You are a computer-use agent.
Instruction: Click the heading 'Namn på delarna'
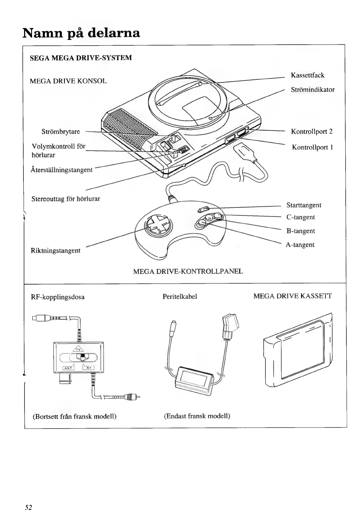(x=81, y=33)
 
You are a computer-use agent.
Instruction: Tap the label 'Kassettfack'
(x=307, y=75)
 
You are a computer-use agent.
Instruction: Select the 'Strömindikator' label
(x=313, y=90)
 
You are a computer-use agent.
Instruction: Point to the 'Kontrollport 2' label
(x=311, y=131)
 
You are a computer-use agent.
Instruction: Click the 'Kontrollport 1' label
(x=312, y=147)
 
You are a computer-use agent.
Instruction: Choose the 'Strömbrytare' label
(x=61, y=132)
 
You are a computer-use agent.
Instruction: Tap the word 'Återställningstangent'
(x=61, y=169)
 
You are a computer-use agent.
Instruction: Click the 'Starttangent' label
(x=304, y=205)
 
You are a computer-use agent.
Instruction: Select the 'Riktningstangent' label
(x=55, y=250)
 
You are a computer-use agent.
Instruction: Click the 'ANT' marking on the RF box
(x=68, y=367)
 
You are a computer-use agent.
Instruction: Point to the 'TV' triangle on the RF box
(x=78, y=348)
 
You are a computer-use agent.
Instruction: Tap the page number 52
(x=28, y=507)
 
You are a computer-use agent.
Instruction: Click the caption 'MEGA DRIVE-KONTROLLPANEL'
(x=188, y=271)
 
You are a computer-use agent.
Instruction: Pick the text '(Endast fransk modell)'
(x=197, y=416)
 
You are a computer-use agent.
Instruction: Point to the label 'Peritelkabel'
(x=180, y=297)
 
